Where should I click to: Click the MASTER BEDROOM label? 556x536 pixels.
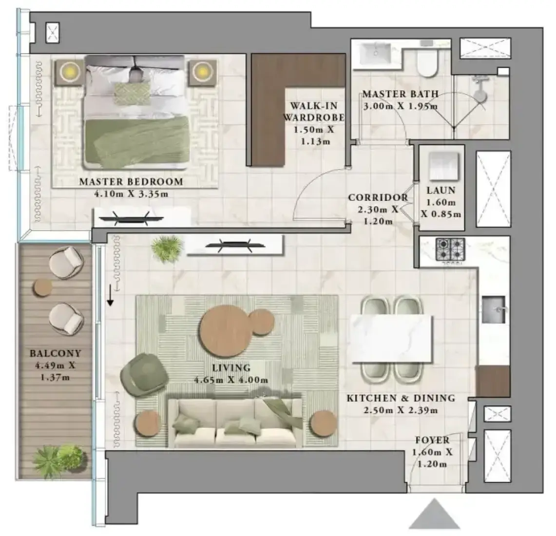[x=131, y=182]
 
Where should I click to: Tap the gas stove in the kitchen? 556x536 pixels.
[x=450, y=249]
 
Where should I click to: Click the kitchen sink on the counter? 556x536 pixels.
[x=494, y=309]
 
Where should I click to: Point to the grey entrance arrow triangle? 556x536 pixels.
[x=434, y=514]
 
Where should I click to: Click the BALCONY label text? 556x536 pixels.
[x=56, y=353]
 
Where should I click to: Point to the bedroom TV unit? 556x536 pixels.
[x=141, y=217]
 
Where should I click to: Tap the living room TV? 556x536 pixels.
[x=235, y=245]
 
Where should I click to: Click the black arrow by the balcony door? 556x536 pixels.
[x=110, y=295]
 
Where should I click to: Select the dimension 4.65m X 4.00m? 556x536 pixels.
[x=231, y=381]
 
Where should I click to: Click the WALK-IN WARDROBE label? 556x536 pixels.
[x=314, y=111]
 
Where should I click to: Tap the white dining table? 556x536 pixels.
[x=392, y=339]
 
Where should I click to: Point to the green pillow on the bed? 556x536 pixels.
[x=132, y=94]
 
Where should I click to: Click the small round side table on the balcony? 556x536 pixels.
[x=43, y=287]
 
